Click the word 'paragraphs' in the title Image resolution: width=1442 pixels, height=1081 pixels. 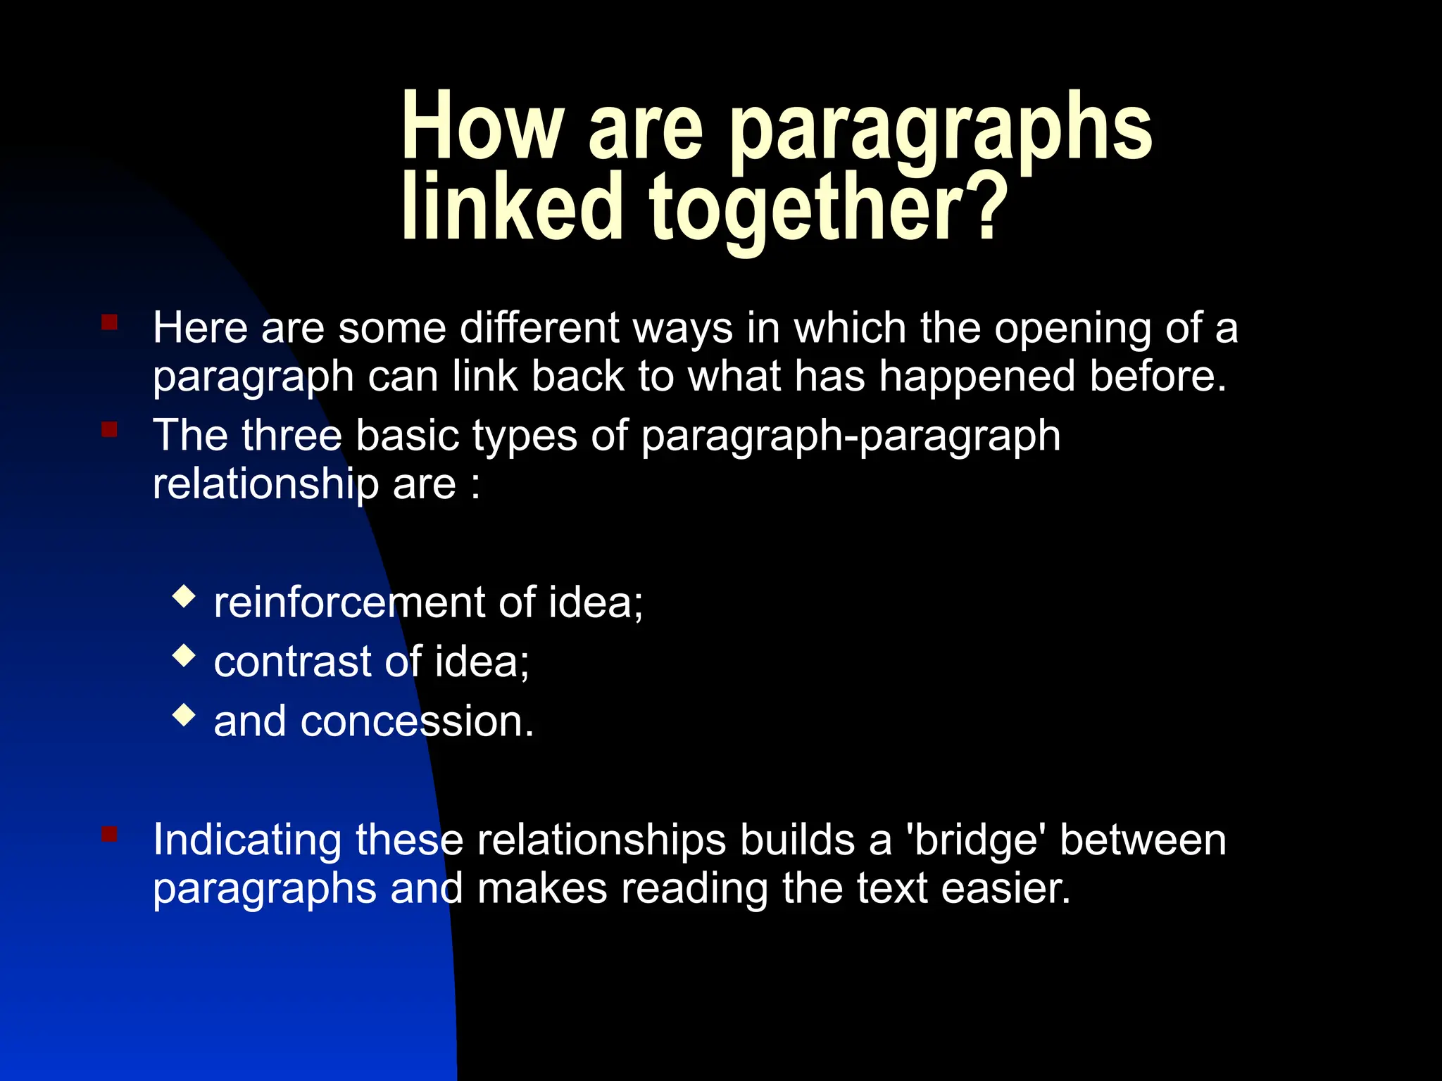941,131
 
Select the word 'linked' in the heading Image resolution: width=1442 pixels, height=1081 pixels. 513,207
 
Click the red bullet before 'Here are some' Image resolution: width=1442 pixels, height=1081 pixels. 109,323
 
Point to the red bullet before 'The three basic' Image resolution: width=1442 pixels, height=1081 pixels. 109,429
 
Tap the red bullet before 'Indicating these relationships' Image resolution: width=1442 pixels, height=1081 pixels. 109,835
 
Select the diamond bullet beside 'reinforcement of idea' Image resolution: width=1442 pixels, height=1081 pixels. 184,597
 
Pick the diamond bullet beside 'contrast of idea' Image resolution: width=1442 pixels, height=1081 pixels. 184,657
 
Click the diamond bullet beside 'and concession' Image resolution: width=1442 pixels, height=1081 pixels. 184,716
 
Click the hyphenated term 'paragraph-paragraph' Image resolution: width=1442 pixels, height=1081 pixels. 851,436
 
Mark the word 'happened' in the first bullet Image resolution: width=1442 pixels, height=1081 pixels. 977,377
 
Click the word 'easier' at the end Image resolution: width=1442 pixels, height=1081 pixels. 1005,889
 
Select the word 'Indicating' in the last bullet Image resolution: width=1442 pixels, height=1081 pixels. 247,841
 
